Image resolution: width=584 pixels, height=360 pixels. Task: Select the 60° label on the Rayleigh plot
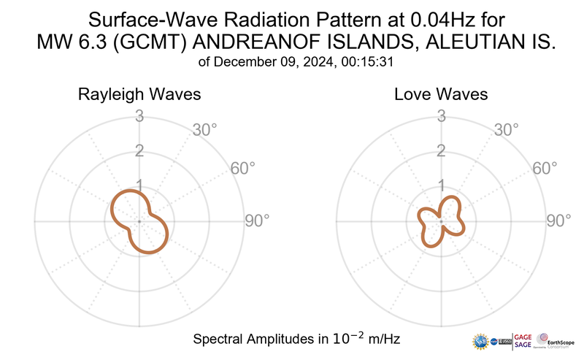tap(243, 168)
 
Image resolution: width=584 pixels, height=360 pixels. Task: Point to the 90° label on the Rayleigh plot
tap(257, 220)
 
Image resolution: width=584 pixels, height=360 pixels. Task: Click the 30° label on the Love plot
tap(507, 130)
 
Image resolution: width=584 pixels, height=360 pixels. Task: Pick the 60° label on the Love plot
tap(545, 168)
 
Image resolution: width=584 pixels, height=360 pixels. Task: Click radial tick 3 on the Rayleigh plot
tap(139, 115)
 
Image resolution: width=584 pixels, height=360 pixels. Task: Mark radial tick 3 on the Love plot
tap(440, 115)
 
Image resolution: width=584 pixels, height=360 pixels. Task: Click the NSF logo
tap(481, 341)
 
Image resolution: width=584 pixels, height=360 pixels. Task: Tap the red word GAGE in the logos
tap(524, 337)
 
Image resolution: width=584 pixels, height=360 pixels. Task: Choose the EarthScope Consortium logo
tap(558, 341)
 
